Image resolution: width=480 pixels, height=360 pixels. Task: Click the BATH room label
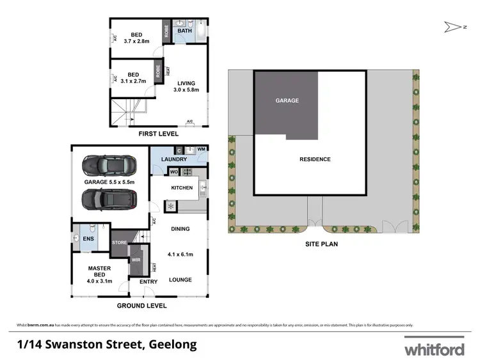coord(184,31)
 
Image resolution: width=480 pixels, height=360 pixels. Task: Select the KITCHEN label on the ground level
coord(182,188)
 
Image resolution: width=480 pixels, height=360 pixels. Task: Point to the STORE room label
coord(120,243)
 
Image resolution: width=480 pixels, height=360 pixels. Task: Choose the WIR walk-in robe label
coord(136,260)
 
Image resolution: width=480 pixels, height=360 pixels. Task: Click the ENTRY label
coord(148,282)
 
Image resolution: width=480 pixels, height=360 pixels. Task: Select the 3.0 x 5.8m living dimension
coord(186,90)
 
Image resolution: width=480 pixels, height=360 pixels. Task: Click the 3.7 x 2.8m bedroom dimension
coord(136,42)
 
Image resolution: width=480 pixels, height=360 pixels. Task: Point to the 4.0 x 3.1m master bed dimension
coord(99,281)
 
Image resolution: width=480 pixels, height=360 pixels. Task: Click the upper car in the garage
coord(109,166)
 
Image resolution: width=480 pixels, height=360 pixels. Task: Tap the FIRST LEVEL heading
coord(157,135)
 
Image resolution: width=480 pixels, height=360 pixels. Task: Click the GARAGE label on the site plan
coord(287,100)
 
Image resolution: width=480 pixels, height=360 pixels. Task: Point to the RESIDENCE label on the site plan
coord(314,159)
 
